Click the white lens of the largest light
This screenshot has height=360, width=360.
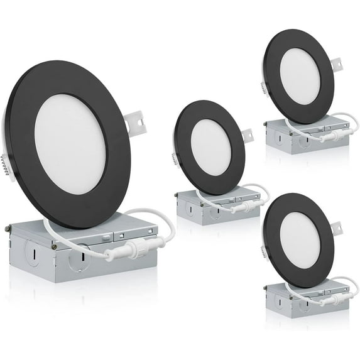click(69, 143)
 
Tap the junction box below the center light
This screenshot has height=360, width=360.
click(195, 210)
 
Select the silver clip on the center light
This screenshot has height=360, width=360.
click(248, 135)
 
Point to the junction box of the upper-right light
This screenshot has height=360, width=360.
click(283, 139)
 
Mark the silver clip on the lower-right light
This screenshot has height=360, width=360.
click(337, 227)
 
